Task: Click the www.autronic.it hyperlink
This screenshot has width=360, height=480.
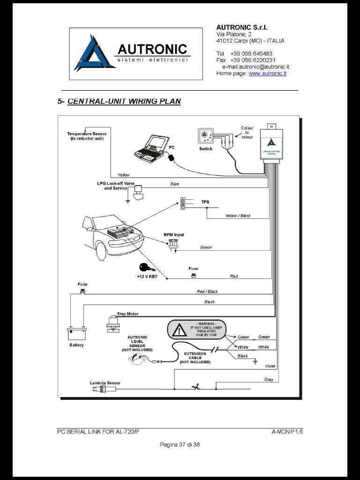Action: tap(267, 74)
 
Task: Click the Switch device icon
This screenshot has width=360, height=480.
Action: tap(205, 137)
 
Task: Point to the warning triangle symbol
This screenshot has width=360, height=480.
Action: tap(179, 330)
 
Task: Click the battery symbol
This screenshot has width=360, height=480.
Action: tap(77, 333)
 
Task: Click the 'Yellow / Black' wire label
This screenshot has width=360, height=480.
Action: tap(238, 216)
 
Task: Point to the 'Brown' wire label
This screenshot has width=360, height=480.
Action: tap(206, 247)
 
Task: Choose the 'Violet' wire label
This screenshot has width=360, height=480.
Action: tap(270, 366)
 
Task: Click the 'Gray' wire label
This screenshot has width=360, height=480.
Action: tap(269, 380)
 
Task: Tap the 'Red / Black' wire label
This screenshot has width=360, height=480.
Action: tap(207, 292)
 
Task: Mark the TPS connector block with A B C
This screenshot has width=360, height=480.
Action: tap(183, 203)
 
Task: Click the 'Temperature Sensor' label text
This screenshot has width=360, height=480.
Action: tap(87, 134)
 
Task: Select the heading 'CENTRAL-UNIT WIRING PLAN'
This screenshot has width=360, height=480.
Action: tap(124, 101)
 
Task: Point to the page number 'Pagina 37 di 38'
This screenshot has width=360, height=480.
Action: tap(180, 444)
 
